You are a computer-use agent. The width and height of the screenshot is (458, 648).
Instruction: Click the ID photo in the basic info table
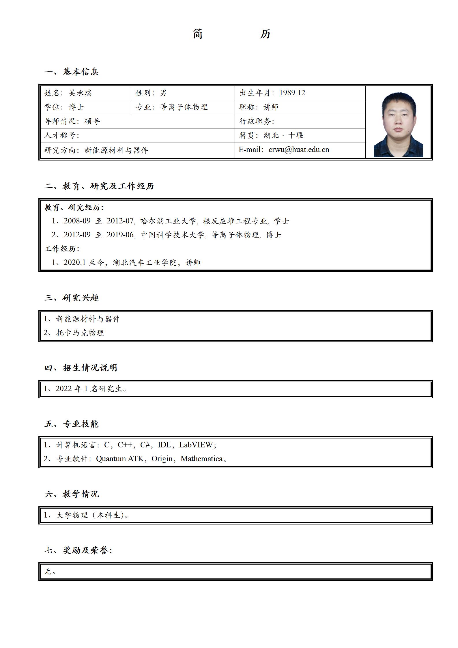click(398, 125)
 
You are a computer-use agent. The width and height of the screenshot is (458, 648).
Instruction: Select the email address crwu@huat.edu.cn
click(299, 150)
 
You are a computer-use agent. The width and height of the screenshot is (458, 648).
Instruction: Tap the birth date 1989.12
click(292, 93)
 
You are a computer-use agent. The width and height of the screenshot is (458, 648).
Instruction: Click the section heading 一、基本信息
click(72, 72)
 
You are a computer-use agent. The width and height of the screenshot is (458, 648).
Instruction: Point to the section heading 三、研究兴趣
click(72, 298)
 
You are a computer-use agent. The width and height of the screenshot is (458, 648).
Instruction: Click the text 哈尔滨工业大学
click(168, 221)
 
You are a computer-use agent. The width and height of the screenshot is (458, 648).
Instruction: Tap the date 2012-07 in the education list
click(120, 221)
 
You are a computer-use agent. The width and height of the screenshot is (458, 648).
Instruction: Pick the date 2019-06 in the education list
click(120, 235)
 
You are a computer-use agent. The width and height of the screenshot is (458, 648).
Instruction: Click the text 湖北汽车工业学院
click(145, 263)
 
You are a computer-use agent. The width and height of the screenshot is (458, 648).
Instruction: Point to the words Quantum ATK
click(119, 459)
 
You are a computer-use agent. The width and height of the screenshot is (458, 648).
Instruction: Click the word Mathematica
click(201, 459)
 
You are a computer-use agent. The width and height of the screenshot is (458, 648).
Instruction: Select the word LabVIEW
click(196, 445)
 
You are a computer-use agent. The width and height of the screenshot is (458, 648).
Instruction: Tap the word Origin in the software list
click(162, 459)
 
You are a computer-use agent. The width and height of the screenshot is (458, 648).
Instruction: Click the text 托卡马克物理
click(80, 333)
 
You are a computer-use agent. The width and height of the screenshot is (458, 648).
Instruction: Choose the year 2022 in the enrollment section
click(63, 389)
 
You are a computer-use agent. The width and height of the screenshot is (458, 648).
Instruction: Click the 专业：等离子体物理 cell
click(172, 107)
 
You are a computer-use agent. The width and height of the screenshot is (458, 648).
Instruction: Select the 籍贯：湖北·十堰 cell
click(271, 135)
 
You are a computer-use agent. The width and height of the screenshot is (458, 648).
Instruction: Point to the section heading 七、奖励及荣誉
click(78, 550)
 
